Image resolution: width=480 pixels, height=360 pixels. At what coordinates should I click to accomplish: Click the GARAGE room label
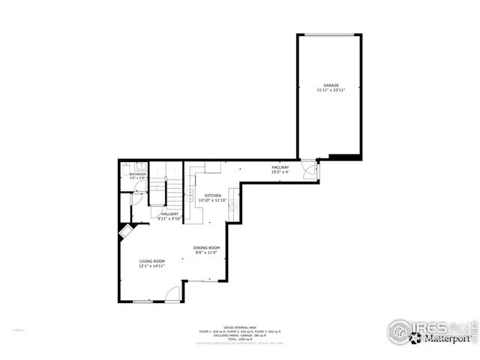click(331, 85)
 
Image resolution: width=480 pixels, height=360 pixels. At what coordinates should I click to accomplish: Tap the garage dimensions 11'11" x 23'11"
click(331, 91)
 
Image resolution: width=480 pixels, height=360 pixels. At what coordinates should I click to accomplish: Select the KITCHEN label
click(212, 195)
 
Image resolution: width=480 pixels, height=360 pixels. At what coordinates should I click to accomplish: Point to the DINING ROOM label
click(207, 248)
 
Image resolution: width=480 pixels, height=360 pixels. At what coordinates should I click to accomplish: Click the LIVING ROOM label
click(151, 261)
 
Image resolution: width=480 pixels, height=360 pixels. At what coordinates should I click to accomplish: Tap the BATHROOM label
click(138, 174)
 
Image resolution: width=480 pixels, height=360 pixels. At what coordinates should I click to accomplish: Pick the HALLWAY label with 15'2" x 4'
click(280, 167)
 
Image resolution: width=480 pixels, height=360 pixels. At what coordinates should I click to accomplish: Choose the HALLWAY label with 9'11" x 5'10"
click(169, 214)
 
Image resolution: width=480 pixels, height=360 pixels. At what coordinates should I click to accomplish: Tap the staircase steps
click(174, 194)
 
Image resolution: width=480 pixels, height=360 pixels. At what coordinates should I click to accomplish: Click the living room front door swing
click(172, 295)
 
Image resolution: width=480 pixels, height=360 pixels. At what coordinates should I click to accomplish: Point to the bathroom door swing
click(137, 199)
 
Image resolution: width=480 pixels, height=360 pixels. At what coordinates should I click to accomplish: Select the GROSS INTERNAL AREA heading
click(240, 327)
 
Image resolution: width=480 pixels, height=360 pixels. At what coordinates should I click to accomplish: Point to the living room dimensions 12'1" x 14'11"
click(151, 266)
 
